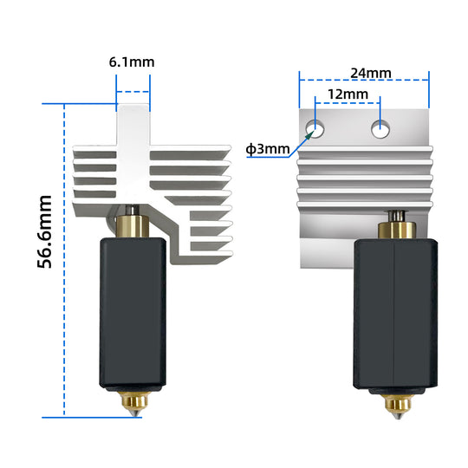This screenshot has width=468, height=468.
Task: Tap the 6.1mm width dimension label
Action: click(133, 62)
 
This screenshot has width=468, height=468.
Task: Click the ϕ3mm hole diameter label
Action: click(268, 148)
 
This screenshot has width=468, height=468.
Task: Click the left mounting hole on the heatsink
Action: click(316, 130)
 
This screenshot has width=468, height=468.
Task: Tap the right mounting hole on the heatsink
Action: click(380, 130)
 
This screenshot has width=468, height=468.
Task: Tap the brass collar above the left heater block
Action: click(132, 226)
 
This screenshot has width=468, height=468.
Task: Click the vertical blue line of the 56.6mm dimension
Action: click(65, 260)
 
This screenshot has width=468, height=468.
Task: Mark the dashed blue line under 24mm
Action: click(364, 81)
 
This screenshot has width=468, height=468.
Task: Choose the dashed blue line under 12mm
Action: click(348, 103)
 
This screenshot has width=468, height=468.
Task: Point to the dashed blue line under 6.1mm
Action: click(133, 91)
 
